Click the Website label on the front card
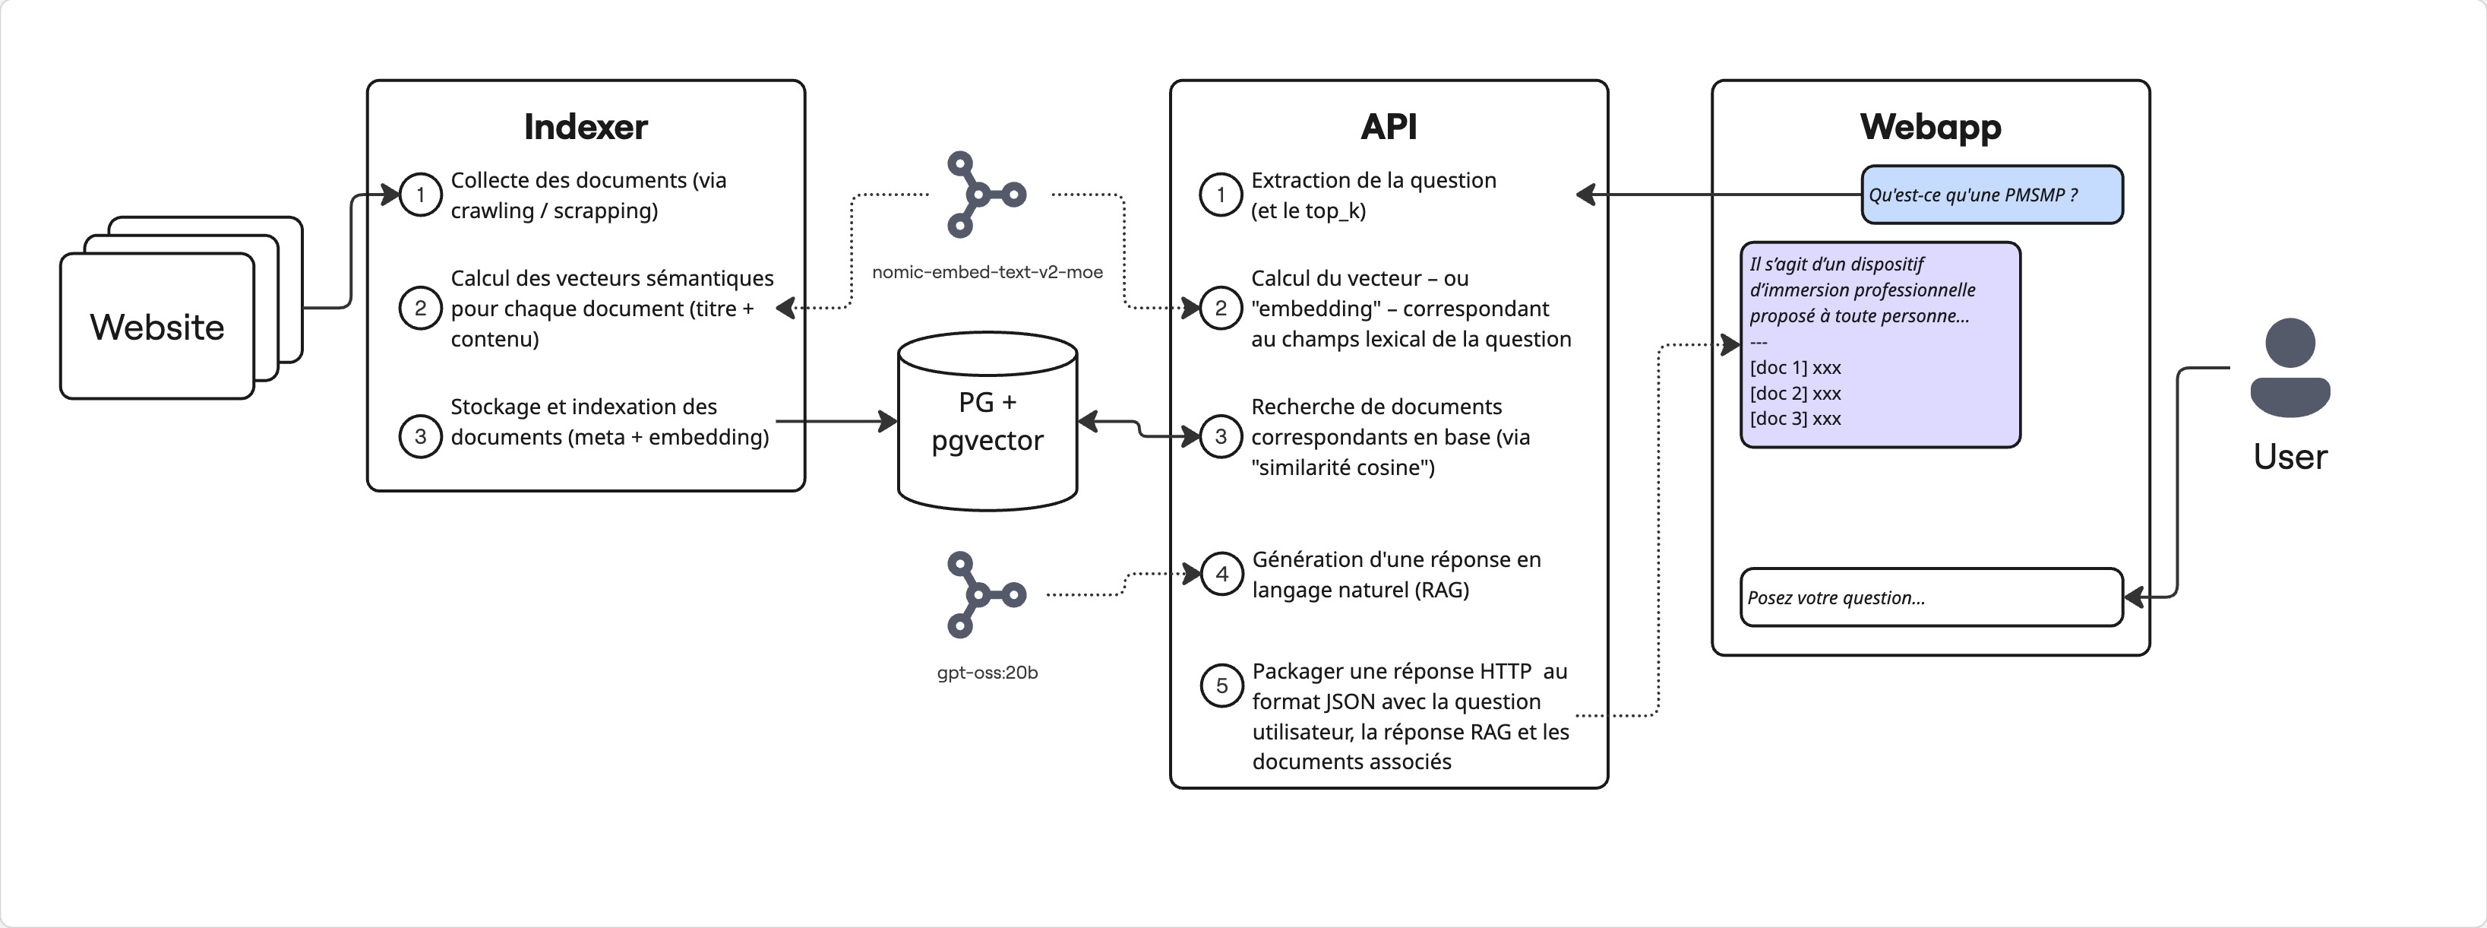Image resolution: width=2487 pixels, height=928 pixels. [x=156, y=328]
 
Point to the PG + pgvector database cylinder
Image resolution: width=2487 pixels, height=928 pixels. [x=987, y=422]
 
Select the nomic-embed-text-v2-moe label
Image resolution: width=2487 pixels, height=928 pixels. [x=987, y=272]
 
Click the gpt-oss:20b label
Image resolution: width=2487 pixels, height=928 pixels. [x=987, y=672]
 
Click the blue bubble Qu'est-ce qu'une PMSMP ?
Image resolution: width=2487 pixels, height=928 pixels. [x=1991, y=195]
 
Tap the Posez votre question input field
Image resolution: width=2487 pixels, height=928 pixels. [x=1931, y=597]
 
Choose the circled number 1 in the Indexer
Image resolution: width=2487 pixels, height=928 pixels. [x=420, y=195]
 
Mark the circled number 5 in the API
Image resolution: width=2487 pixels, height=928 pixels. [x=1221, y=686]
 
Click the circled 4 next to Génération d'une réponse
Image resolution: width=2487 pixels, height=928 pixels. [x=1221, y=575]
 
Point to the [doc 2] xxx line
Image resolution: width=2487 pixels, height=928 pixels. [x=1795, y=393]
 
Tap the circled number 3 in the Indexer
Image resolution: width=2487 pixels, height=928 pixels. [x=420, y=436]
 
